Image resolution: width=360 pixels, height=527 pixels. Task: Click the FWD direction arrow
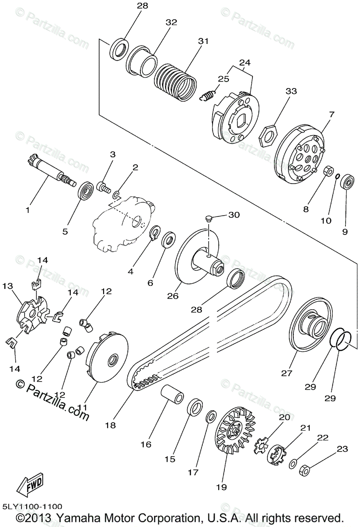click(30, 484)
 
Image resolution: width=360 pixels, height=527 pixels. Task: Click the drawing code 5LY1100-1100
click(32, 506)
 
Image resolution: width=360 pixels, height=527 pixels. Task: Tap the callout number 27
click(286, 373)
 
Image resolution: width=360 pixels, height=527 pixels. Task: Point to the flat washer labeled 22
click(293, 462)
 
